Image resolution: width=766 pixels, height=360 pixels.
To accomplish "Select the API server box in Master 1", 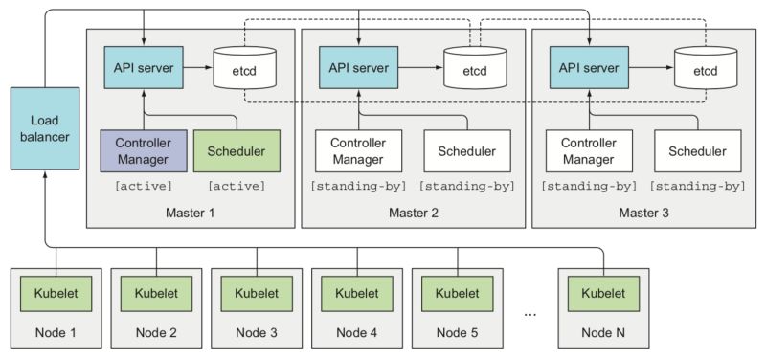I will [143, 70].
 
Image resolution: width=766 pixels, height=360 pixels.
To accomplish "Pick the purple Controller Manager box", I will [143, 151].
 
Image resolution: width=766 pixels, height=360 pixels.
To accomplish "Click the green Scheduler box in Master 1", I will [237, 151].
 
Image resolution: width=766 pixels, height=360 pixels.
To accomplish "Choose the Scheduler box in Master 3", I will [697, 151].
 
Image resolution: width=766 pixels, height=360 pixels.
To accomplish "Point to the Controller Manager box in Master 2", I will [357, 151].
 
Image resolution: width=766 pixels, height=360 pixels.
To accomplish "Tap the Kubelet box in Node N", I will [602, 290].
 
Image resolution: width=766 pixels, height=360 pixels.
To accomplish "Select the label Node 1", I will [56, 332].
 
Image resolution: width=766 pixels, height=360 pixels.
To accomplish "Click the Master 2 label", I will [414, 211].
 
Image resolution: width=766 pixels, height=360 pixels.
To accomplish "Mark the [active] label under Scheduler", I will [237, 185].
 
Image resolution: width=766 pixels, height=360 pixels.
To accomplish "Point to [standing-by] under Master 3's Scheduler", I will [697, 186].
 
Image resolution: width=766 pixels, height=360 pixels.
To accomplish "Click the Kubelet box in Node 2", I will [157, 290].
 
